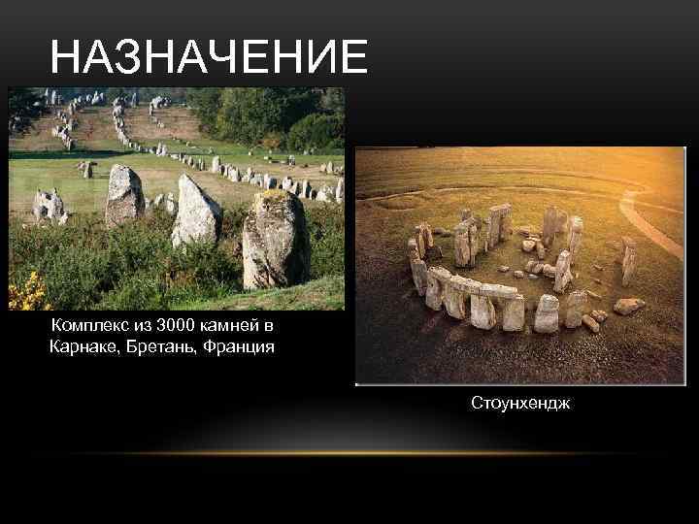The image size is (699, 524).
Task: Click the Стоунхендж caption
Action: tap(520, 401)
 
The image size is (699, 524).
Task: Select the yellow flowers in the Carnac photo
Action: tap(27, 291)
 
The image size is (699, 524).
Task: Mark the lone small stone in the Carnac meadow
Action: tap(86, 170)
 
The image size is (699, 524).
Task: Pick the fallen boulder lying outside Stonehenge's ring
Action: tap(627, 307)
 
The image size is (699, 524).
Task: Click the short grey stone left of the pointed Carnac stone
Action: tap(123, 195)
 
